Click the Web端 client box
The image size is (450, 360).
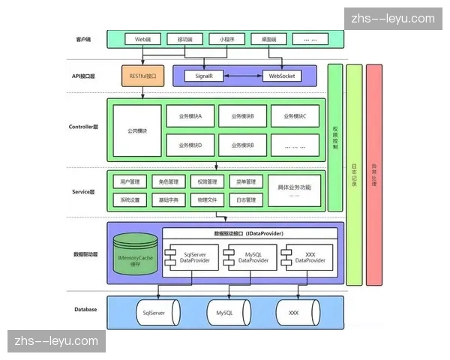[x=142, y=38]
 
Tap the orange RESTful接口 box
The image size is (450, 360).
[x=142, y=76]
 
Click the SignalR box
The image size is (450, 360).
[x=203, y=76]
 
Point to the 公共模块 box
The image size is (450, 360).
[x=137, y=130]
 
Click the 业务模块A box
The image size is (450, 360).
[x=196, y=117]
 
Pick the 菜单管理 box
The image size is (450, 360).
[x=246, y=181]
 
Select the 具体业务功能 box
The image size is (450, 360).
[x=294, y=190]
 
